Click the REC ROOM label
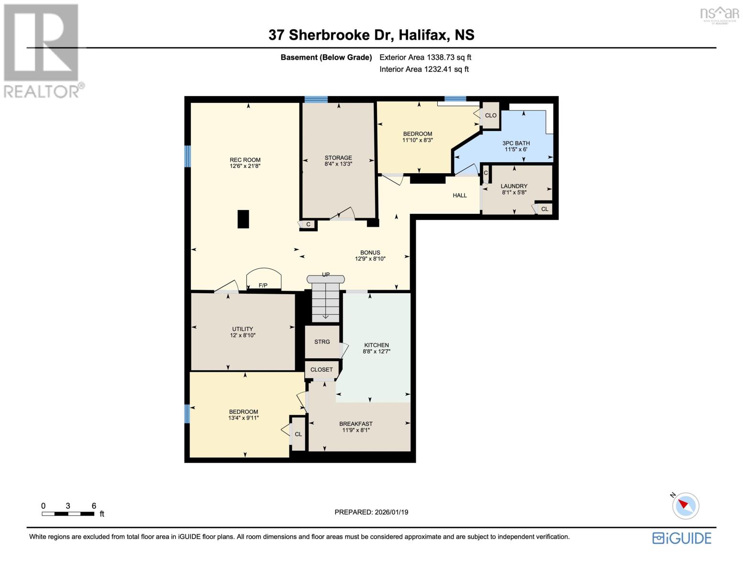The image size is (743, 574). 245,160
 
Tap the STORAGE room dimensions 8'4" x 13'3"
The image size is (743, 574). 338,164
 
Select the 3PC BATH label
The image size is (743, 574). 516,143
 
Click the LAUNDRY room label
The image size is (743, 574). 514,186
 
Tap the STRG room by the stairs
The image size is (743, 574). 322,342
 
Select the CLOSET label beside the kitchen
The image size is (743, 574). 322,370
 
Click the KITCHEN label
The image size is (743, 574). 377,345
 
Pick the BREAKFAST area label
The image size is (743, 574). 356,424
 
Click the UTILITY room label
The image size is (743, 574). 243,329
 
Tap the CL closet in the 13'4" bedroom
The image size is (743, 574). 298,434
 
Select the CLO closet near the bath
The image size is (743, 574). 491,115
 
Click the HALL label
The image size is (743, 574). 460,195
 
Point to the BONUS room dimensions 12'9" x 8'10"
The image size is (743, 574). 370,259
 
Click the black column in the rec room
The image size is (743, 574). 243,219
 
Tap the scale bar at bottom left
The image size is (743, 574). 68,514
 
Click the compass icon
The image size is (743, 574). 686,505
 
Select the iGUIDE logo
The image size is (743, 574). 682,538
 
